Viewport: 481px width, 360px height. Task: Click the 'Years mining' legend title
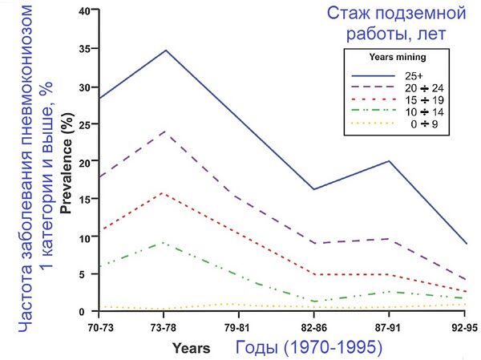(x=396, y=58)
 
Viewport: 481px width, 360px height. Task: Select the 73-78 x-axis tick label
(x=164, y=328)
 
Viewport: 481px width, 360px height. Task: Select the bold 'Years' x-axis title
(x=191, y=348)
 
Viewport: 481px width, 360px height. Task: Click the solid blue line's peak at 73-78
(x=164, y=51)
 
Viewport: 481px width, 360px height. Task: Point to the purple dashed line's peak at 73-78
(x=164, y=131)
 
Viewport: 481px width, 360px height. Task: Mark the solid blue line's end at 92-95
(x=465, y=244)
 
